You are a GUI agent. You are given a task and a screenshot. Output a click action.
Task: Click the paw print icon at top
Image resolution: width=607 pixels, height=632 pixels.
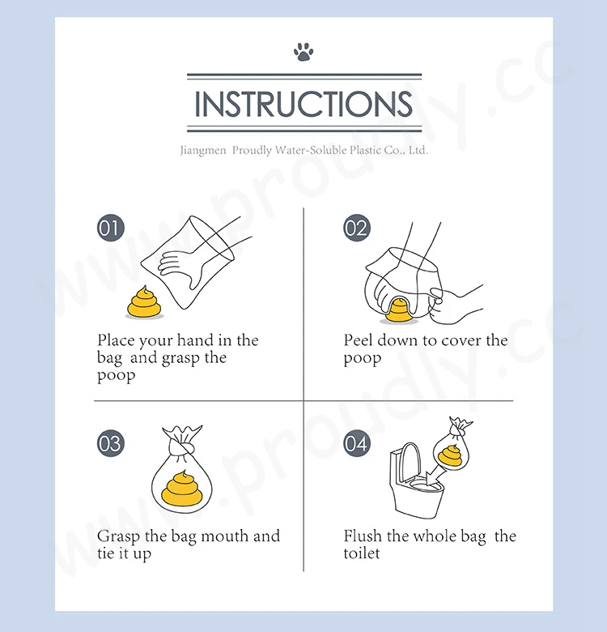tap(303, 52)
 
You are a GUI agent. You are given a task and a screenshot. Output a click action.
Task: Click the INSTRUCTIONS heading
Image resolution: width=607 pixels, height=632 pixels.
tap(303, 104)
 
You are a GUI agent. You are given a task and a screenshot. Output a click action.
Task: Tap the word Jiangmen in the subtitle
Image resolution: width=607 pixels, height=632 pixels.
tap(203, 151)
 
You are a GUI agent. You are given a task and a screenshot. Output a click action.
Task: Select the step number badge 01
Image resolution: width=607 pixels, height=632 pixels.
tap(111, 228)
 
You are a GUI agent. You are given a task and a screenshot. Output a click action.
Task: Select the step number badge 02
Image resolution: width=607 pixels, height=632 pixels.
tap(357, 228)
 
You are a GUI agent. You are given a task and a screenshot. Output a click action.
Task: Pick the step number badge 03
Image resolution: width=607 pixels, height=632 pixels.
tap(111, 443)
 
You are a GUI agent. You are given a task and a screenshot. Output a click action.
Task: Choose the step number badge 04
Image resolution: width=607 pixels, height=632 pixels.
tap(357, 443)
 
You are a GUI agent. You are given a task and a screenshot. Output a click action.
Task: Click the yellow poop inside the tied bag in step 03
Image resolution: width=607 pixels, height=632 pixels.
tap(182, 489)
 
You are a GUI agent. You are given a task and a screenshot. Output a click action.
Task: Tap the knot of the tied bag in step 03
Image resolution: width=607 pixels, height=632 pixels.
tap(182, 446)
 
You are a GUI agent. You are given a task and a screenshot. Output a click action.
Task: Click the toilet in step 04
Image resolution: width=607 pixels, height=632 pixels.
tap(415, 480)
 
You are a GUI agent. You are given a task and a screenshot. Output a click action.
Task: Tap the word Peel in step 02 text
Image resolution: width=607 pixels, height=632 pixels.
tap(358, 340)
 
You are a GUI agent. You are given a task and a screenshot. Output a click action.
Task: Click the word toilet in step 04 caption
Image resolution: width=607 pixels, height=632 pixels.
tap(362, 553)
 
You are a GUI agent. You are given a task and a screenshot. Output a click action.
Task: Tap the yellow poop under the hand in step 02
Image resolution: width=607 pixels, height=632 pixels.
tap(398, 310)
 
